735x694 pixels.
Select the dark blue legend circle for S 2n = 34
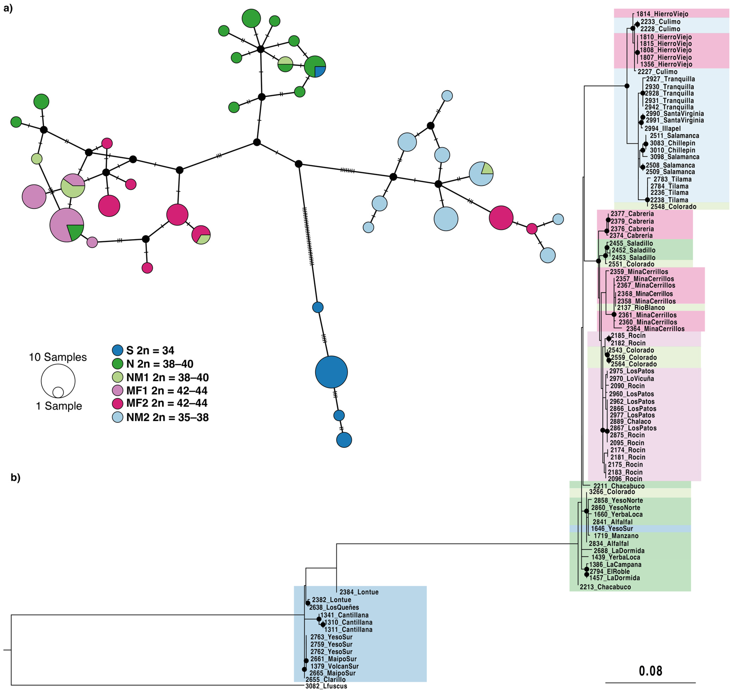(118, 350)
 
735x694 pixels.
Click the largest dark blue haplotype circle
(331, 372)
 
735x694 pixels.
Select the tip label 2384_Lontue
(359, 592)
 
